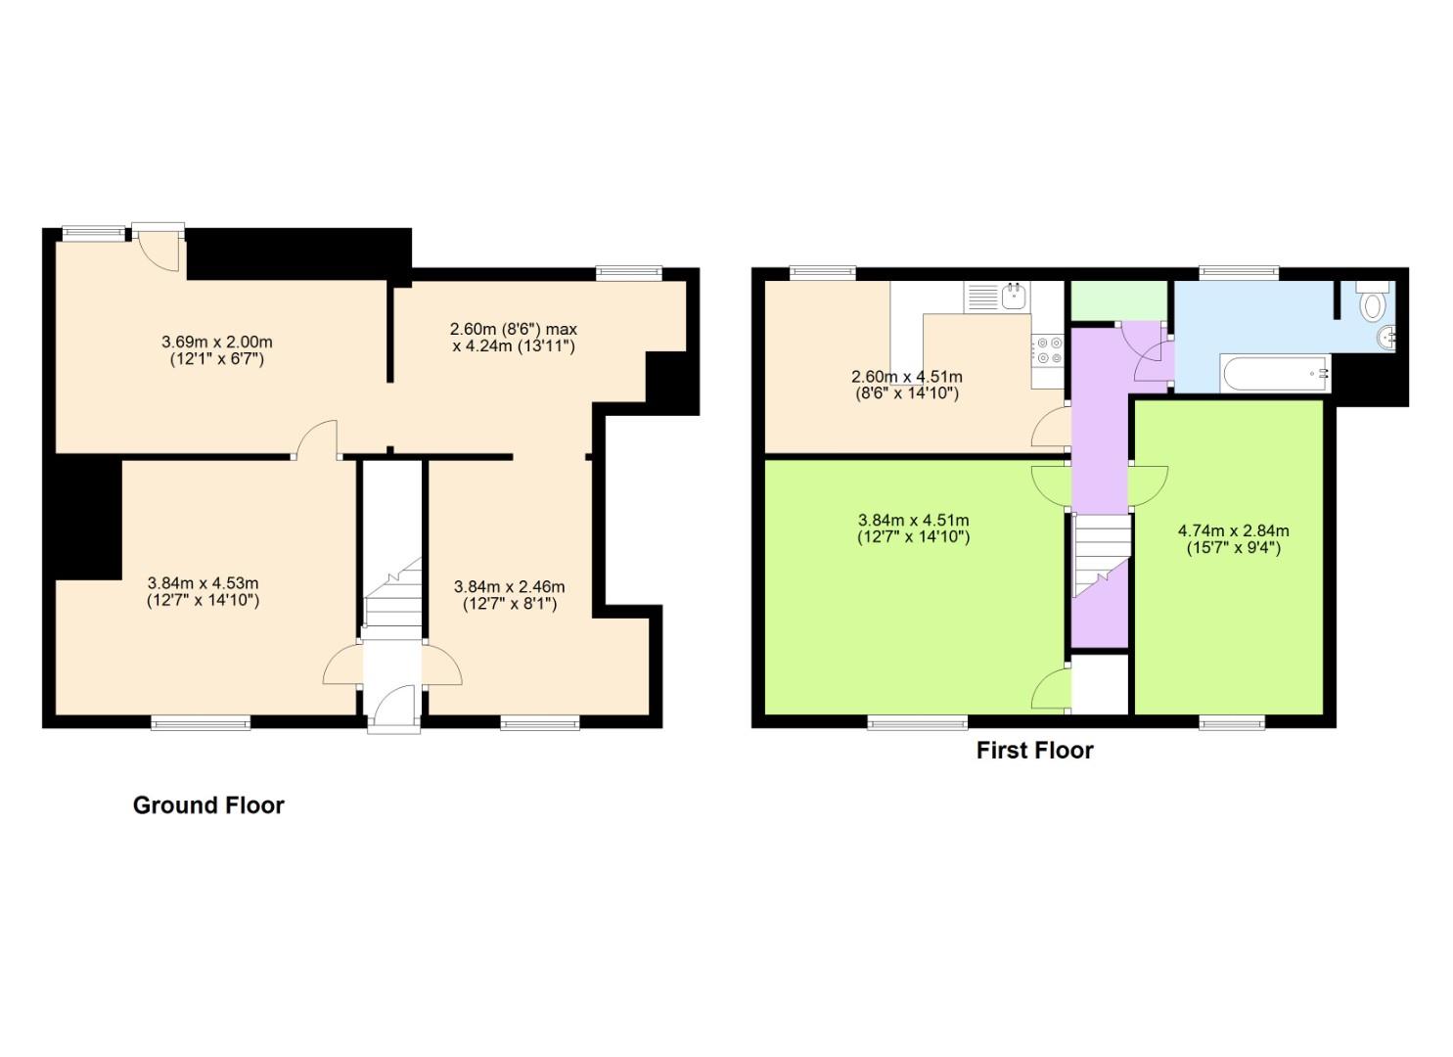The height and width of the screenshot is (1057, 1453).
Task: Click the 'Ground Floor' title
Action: pos(208,805)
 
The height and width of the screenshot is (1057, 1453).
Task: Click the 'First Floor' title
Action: pos(1034,751)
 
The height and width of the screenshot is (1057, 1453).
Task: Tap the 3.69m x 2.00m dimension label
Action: pos(216,350)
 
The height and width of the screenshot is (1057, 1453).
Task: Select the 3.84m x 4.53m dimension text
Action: pos(203,592)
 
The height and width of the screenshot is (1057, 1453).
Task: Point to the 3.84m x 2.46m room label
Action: pos(509,595)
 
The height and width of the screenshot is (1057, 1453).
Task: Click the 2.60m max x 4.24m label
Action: pos(513,338)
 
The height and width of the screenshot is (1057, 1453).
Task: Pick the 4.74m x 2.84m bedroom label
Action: pos(1233,539)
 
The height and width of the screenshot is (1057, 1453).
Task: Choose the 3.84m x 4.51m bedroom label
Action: pos(913,528)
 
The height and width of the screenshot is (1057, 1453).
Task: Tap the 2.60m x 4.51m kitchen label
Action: pos(906,385)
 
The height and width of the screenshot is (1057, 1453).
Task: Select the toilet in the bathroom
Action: pos(1373,301)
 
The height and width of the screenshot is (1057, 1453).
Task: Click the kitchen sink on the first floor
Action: pos(1012,296)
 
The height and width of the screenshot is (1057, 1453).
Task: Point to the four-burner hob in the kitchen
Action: pos(1048,350)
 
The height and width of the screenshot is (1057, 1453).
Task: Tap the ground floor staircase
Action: pos(392,597)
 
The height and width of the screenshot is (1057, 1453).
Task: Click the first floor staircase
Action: pos(1102,553)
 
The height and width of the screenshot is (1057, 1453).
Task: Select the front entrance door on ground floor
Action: pos(393,707)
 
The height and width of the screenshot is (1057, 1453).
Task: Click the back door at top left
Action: pos(159,249)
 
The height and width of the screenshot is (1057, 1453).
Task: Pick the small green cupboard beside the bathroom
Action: pos(1119,301)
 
